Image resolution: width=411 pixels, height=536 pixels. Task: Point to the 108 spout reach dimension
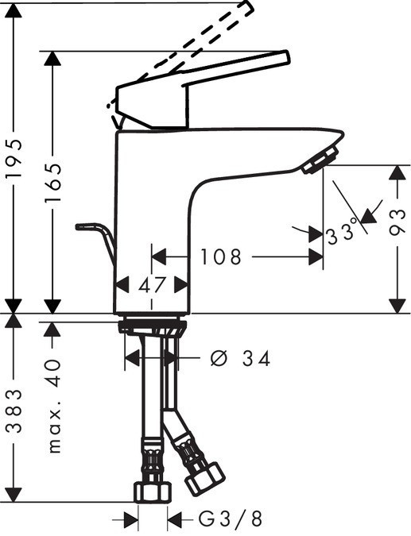[220, 257]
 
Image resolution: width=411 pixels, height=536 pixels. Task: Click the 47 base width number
[151, 285]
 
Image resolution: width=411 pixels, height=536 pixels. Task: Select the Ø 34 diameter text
[240, 359]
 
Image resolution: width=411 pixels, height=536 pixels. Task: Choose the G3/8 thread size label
[229, 520]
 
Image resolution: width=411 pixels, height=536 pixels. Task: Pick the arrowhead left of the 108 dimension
[157, 257]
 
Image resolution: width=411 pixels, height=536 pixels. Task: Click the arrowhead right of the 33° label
[367, 214]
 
